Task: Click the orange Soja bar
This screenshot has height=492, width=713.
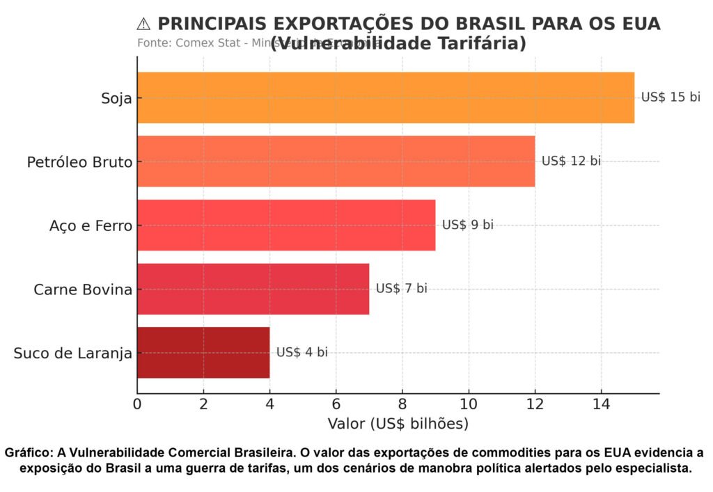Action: (x=386, y=97)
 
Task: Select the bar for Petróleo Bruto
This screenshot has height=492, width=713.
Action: (x=336, y=161)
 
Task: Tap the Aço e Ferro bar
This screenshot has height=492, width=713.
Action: (x=286, y=225)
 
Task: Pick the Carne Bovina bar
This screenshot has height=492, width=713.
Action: (x=253, y=289)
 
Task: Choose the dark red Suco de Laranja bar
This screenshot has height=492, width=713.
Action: (x=203, y=352)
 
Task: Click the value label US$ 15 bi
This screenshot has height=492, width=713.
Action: (x=670, y=97)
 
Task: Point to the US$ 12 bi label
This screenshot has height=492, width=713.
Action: (x=570, y=161)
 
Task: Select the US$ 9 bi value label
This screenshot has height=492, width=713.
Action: (x=467, y=225)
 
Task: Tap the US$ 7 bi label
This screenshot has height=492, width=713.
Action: (x=401, y=289)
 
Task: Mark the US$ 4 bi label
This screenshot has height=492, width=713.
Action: (x=301, y=352)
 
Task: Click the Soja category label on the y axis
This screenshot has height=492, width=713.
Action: (x=116, y=98)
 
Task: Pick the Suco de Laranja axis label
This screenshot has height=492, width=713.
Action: (x=73, y=354)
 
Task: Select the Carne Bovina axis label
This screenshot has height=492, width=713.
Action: (x=83, y=289)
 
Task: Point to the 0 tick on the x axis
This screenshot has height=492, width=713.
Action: (x=137, y=404)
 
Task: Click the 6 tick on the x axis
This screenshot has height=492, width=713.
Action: (x=336, y=404)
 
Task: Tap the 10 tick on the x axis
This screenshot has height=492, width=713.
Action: (x=469, y=404)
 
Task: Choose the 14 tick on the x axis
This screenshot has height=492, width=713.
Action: (x=601, y=404)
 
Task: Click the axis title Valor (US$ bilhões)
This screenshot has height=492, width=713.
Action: (x=398, y=423)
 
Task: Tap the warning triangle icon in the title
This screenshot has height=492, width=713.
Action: (x=143, y=24)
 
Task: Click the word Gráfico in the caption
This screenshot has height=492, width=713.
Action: (x=27, y=453)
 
